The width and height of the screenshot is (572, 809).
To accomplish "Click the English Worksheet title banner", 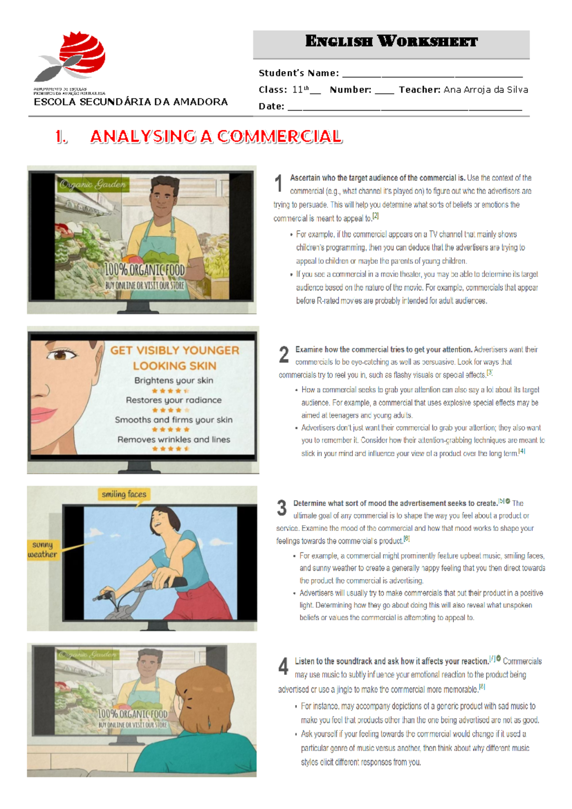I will coord(391,42).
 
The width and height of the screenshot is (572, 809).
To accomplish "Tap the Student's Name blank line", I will coord(432,74).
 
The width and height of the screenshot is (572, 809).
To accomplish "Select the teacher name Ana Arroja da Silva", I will coord(485,90).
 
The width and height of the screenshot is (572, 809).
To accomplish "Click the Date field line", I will coord(405,107).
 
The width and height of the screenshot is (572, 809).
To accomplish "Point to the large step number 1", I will coord(279,183).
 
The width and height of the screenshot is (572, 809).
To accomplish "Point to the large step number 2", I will coord(284,355).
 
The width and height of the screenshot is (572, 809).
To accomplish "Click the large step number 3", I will coord(282,508).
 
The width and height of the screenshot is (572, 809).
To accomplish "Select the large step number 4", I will coord(283,666).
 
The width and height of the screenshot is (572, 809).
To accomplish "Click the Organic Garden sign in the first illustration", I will coord(93,185).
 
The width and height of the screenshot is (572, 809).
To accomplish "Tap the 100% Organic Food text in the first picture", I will coord(144,270).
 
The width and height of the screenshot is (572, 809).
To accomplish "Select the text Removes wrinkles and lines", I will coord(174,439).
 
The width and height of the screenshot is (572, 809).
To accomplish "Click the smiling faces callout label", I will coord(124,494).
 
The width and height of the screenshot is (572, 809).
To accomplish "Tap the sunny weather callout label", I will coord(43,550).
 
